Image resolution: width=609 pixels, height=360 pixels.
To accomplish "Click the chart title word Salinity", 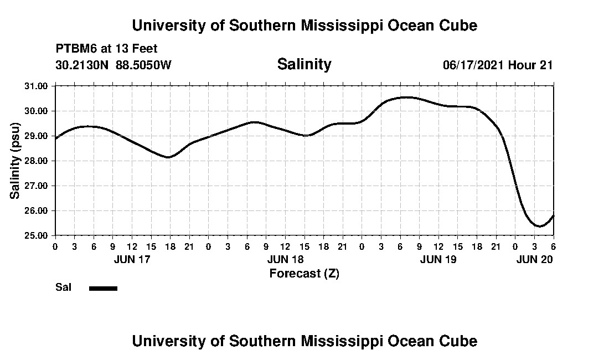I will pos(304,64).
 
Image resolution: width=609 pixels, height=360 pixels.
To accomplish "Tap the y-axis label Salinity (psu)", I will pos(15,161).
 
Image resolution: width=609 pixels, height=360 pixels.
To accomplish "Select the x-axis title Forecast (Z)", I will pos(304,273).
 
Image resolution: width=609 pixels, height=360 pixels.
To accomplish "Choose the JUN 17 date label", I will pos(131,259).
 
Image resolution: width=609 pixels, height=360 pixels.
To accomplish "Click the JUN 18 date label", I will pos(285,259).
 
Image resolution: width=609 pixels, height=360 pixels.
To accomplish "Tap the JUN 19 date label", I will pos(438,259).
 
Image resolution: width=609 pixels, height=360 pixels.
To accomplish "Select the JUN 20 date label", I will pos(534,259).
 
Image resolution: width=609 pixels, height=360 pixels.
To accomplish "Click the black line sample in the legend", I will pos(103,288).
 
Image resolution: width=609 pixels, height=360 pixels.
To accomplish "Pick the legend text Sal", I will pos(62,287).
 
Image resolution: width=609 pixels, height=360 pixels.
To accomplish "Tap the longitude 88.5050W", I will pos(143,65).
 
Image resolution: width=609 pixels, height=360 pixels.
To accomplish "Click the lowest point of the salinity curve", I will pos(538,226).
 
